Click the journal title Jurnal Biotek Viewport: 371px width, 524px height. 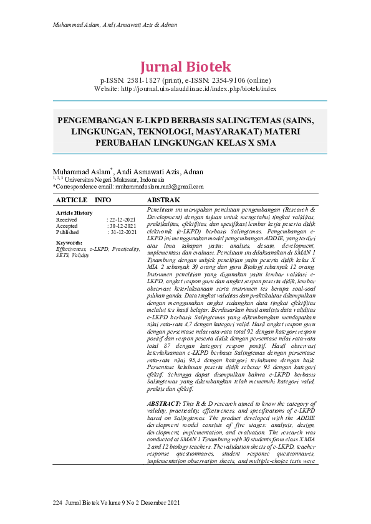(x=185, y=67)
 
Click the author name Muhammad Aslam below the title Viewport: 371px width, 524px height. (x=81, y=172)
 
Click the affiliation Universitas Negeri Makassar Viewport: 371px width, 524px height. (x=99, y=179)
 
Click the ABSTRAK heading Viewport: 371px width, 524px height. (x=163, y=200)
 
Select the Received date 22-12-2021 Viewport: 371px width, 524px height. (x=122, y=220)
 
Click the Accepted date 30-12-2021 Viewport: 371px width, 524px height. (x=122, y=226)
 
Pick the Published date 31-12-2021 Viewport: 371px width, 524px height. (x=122, y=232)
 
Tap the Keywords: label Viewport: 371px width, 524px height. (x=69, y=242)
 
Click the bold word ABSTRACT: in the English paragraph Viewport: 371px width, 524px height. (x=165, y=387)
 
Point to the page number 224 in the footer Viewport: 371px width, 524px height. (x=57, y=502)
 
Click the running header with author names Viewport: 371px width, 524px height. (x=115, y=26)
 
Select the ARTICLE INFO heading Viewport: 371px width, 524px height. (x=84, y=200)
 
